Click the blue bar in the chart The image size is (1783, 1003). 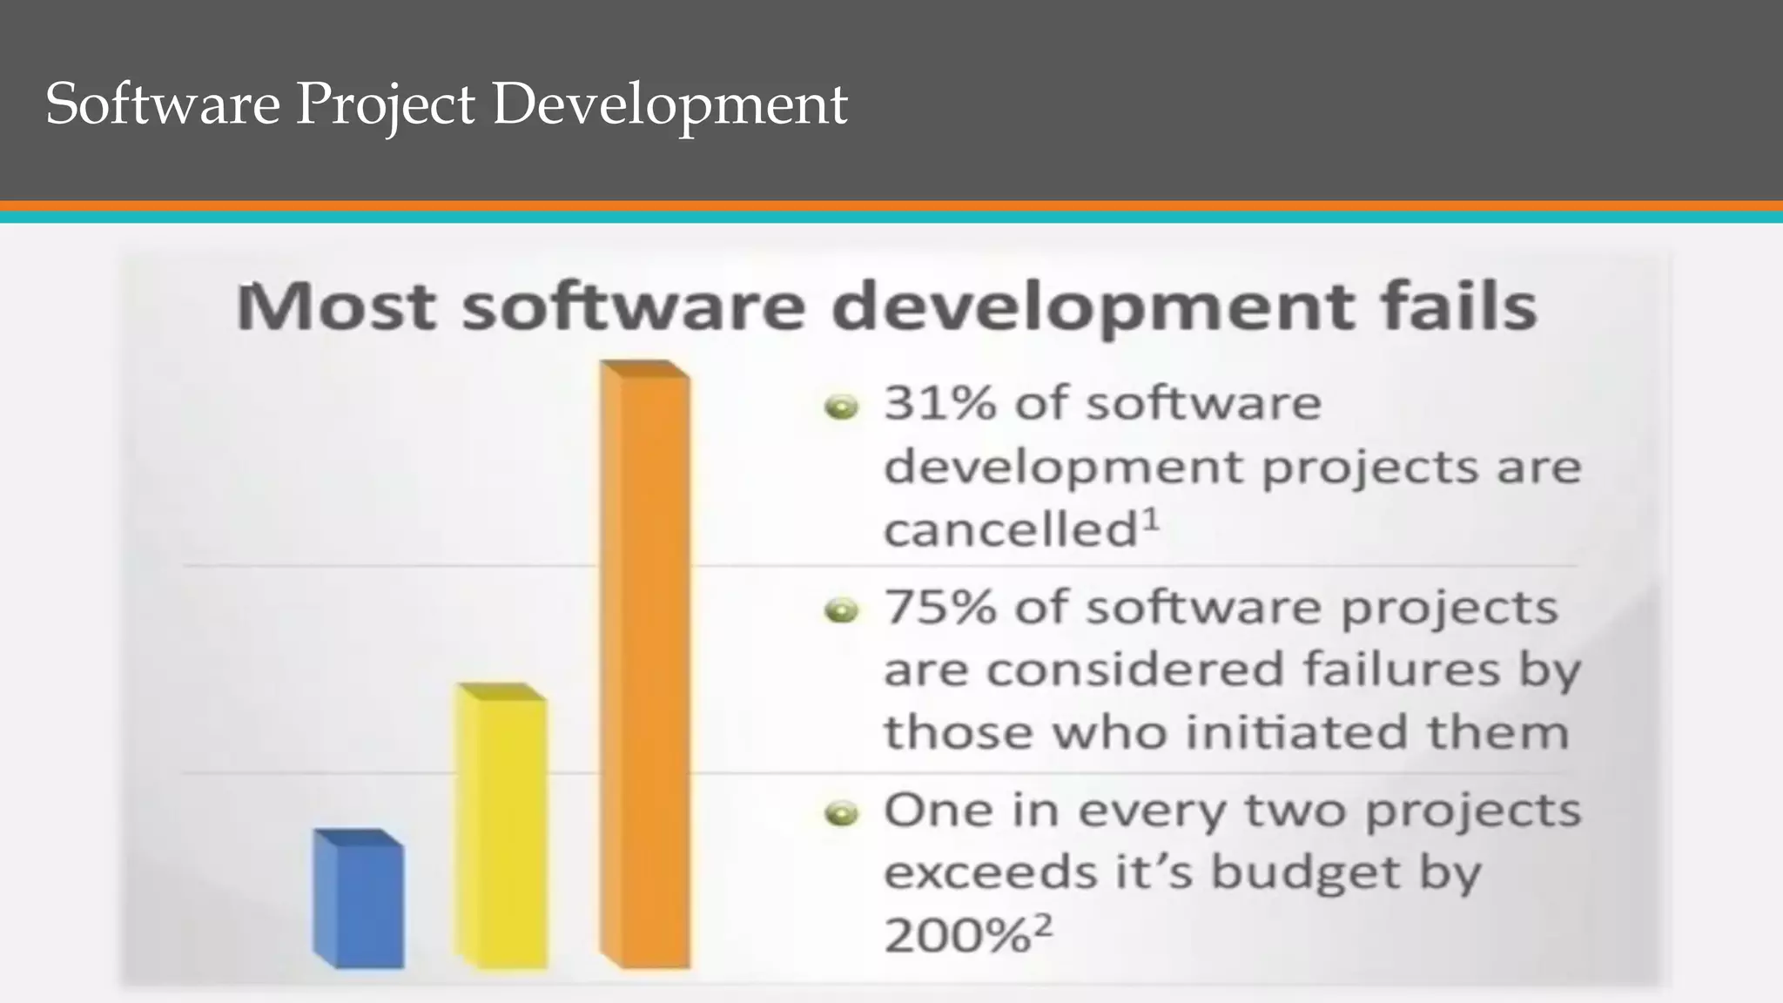[x=359, y=901]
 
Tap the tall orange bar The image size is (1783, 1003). [x=645, y=666]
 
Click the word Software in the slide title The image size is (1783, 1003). [x=162, y=104]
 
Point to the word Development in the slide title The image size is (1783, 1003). [x=669, y=105]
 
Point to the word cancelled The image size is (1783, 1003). [x=1011, y=529]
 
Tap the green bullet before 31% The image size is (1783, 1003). [x=841, y=407]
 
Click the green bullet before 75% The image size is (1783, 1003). [x=841, y=611]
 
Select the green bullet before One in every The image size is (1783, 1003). [x=841, y=815]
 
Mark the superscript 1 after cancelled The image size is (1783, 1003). [x=1151, y=520]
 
